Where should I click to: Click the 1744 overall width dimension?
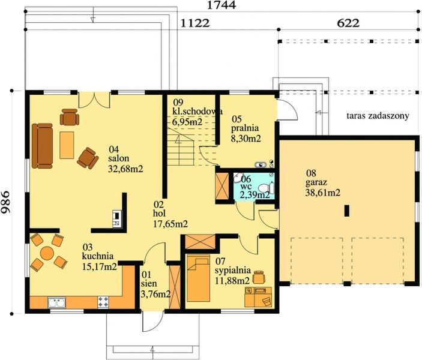pos(222,5)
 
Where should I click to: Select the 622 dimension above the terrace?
pos(348,23)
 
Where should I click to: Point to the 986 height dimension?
pos(5,202)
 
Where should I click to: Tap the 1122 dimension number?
pos(195,23)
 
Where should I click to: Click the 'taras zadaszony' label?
pos(378,116)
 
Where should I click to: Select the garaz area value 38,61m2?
pos(323,193)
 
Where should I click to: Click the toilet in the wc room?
pos(266,188)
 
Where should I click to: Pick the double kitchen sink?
pos(56,302)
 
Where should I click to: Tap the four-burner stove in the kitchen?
pos(103,302)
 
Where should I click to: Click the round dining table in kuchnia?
pos(47,253)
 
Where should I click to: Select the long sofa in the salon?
pos(42,146)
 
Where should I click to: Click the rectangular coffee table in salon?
pos(67,145)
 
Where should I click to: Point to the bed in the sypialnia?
pos(198,278)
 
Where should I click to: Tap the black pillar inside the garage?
pos(347,211)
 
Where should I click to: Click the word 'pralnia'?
pos(245,128)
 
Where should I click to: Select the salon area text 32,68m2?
pos(125,169)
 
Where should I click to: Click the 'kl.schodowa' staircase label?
pos(197,111)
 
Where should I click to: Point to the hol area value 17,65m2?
pos(170,224)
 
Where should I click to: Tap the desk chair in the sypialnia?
pos(258,277)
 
